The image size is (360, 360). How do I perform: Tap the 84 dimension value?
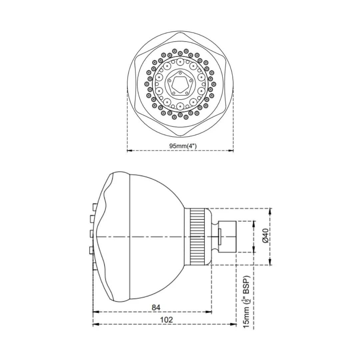coord(156,307)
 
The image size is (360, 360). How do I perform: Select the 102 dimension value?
coord(166,320)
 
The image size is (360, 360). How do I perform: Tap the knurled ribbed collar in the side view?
coord(197,237)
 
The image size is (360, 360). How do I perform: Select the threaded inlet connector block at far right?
coord(227,237)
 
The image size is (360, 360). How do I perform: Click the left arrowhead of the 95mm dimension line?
coord(130,151)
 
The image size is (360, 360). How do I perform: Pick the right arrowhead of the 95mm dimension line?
coord(231,151)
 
